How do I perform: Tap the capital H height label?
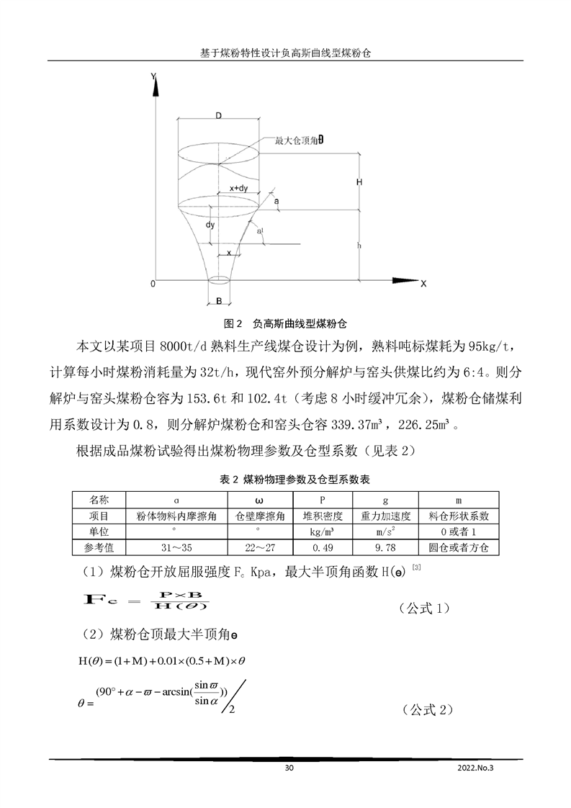click(x=359, y=182)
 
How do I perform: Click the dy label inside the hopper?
click(x=210, y=225)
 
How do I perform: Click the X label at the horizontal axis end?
click(x=423, y=284)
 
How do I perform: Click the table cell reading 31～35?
click(x=176, y=548)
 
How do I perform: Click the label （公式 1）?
click(x=425, y=609)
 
